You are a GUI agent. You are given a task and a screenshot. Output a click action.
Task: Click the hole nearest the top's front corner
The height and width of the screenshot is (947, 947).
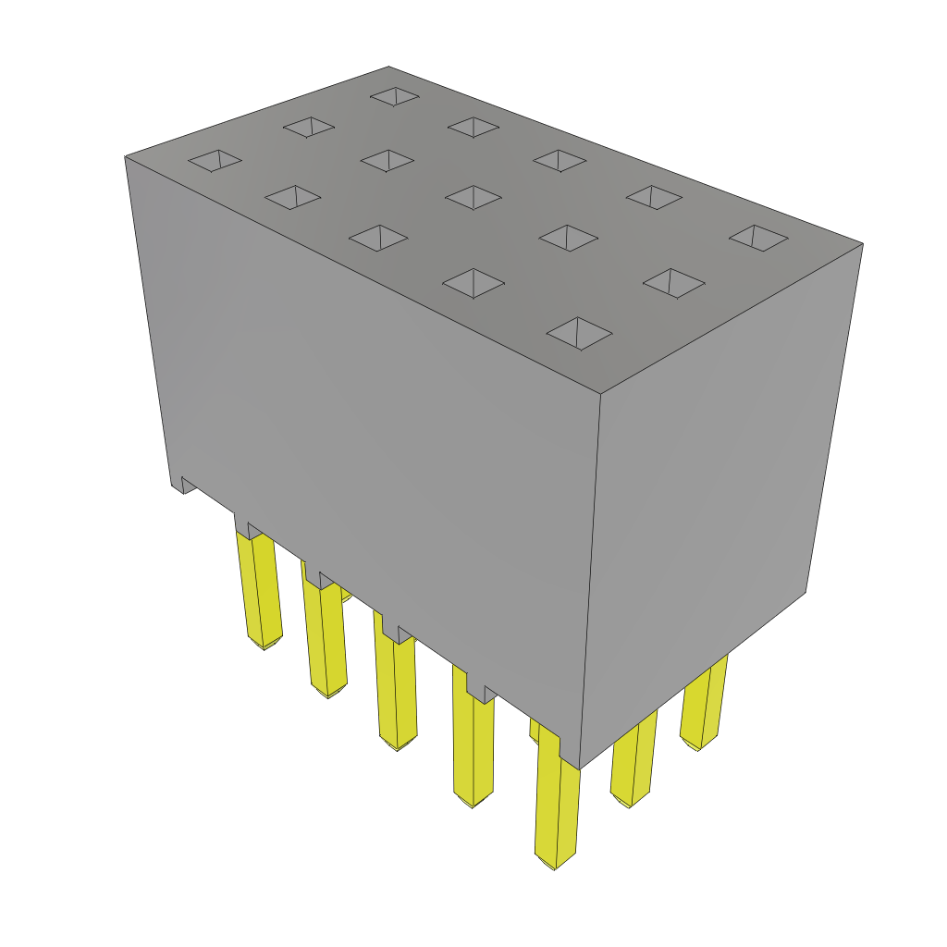(579, 333)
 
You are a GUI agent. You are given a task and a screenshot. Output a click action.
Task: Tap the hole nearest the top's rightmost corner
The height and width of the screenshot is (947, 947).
(758, 237)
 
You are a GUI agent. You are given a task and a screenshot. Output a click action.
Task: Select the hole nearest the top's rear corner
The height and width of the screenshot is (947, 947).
(395, 96)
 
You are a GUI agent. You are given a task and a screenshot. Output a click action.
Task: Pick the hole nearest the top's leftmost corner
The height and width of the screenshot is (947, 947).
(215, 160)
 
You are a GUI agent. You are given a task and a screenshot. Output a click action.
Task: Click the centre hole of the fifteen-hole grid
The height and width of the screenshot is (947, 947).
(473, 196)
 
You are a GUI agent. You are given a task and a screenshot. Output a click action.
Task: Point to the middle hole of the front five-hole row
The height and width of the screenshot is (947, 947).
(378, 237)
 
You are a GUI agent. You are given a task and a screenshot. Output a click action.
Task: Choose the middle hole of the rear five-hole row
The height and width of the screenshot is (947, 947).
(560, 160)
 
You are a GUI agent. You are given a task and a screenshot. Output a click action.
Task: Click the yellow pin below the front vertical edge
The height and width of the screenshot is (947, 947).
(558, 805)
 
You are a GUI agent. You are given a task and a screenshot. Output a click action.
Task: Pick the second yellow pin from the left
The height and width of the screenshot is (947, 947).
(325, 638)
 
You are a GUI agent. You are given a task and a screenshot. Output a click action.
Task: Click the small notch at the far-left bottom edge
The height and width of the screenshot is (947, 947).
(187, 484)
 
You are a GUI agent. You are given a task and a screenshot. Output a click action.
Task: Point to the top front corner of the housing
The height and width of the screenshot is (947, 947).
(600, 394)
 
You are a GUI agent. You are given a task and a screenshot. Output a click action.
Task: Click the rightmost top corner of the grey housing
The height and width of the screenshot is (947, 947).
(862, 244)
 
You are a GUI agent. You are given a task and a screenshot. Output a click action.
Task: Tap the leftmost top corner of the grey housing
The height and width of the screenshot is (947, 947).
(126, 157)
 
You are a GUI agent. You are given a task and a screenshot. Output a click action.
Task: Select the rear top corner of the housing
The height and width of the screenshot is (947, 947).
(387, 68)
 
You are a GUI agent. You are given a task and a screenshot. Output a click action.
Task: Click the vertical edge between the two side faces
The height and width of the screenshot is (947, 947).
(591, 573)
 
